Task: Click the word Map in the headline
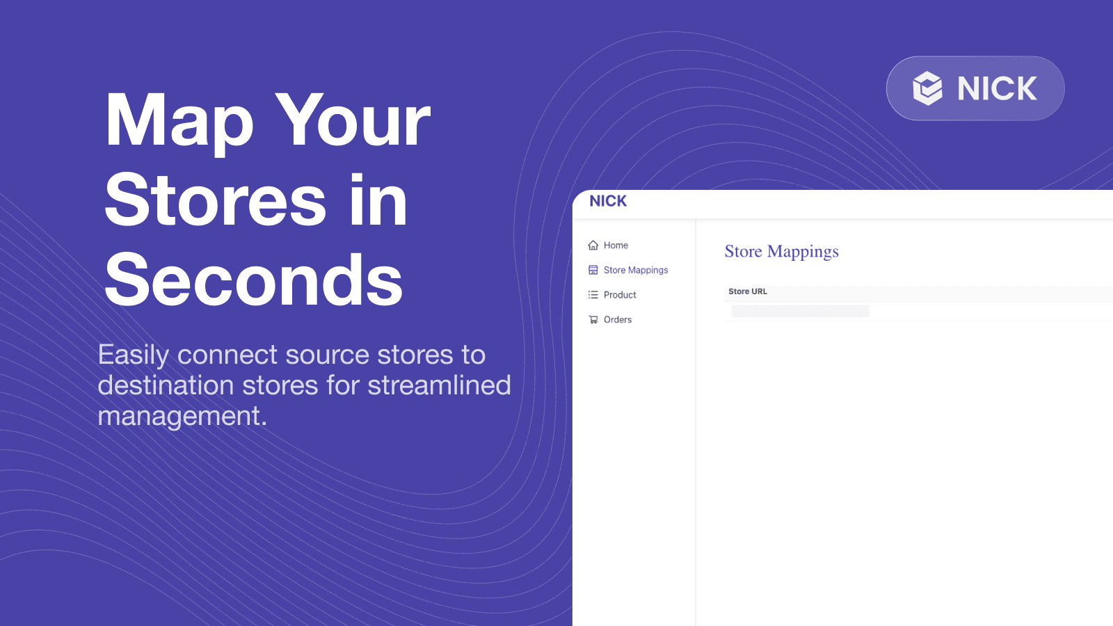pos(179,122)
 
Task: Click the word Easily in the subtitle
pos(133,356)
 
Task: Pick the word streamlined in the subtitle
pos(439,385)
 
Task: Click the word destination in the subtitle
pos(166,385)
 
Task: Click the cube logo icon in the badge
pos(927,88)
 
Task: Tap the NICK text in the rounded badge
pos(997,88)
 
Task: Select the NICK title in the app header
pos(608,201)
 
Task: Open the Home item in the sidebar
pos(616,245)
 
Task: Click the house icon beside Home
pos(593,245)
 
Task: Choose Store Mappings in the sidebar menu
pos(636,270)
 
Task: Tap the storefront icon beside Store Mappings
pos(593,270)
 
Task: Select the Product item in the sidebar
pos(620,295)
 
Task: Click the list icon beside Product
pos(593,295)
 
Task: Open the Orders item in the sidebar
pos(618,319)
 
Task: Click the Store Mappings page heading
pos(782,252)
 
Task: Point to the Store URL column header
pos(748,291)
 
